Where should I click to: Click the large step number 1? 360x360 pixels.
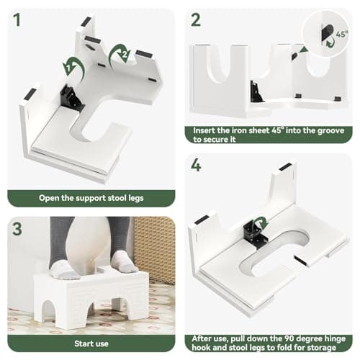tap(17, 19)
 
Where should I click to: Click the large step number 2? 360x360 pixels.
tap(196, 19)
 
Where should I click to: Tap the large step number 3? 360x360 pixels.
tap(17, 229)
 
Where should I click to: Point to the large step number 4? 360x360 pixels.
tap(196, 165)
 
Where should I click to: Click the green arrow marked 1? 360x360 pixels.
tap(74, 68)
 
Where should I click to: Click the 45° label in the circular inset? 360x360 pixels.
tap(342, 34)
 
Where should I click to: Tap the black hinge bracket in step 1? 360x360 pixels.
tap(71, 99)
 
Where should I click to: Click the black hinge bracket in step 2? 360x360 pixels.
tap(256, 91)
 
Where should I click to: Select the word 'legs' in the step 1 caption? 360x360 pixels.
tap(136, 199)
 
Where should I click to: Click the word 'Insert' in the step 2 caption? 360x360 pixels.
tap(204, 130)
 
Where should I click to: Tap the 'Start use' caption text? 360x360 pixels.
tap(91, 343)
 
